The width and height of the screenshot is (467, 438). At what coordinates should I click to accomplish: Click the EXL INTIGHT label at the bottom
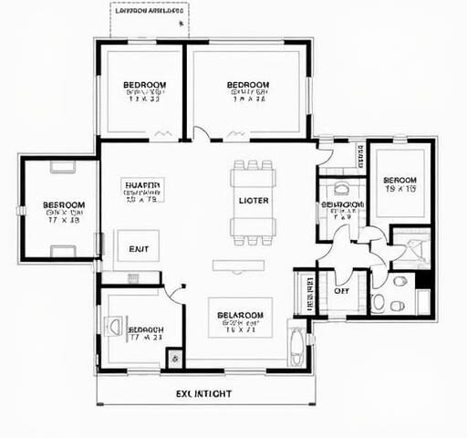(x=202, y=394)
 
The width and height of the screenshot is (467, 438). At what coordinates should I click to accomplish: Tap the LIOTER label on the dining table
(x=253, y=201)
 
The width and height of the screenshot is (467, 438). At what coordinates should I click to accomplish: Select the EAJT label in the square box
(x=139, y=247)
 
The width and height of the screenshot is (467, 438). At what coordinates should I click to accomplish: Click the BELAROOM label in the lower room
(x=241, y=316)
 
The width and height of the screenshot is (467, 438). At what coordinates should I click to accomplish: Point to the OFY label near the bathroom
(x=342, y=290)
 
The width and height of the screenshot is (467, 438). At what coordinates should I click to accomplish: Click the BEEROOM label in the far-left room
(x=64, y=205)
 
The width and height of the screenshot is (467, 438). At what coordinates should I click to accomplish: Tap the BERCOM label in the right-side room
(x=400, y=181)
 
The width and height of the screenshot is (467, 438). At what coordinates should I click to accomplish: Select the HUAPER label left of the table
(x=141, y=184)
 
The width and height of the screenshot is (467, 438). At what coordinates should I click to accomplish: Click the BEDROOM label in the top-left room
(x=145, y=86)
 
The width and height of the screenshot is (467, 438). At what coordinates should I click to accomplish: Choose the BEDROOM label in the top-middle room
(x=248, y=86)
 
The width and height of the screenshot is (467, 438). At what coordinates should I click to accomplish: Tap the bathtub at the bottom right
(x=298, y=344)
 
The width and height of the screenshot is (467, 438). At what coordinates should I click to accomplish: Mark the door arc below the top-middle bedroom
(x=201, y=134)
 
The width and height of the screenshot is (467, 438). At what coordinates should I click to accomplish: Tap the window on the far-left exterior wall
(x=20, y=210)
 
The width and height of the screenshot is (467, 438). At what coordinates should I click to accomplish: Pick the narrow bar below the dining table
(x=239, y=266)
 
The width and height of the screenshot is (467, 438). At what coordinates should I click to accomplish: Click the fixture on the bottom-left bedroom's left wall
(x=114, y=326)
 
